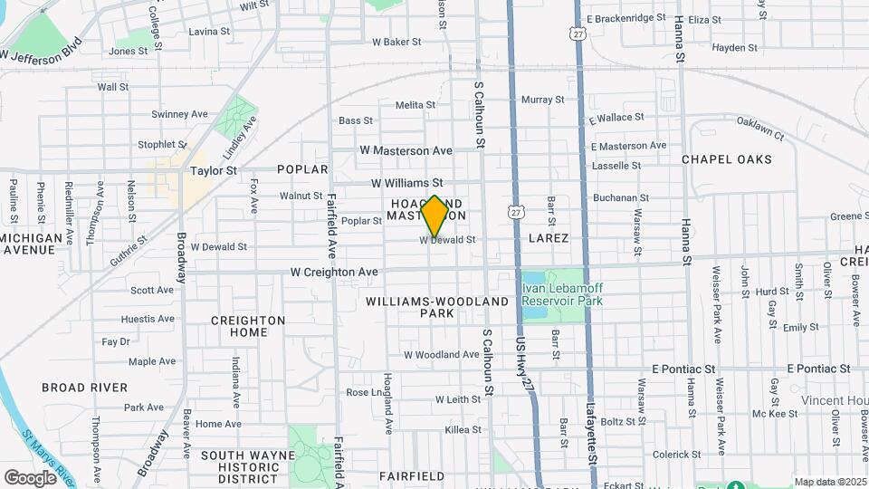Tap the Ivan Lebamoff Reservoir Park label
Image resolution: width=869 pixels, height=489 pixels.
pos(562,293)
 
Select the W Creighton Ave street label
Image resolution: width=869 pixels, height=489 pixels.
pos(334,272)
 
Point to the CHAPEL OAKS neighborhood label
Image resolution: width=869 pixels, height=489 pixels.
pos(727,159)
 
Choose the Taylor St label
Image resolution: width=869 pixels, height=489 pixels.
pos(213,169)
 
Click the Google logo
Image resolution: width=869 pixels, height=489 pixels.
pos(30,477)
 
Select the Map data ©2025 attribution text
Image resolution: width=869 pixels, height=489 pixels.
pos(829,482)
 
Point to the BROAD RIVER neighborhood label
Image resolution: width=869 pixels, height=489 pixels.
pos(84,388)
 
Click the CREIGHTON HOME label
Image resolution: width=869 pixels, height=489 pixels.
pos(248,326)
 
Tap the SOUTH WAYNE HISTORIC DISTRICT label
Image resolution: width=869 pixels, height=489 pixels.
pos(240,466)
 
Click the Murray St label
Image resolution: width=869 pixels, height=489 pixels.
pos(543,100)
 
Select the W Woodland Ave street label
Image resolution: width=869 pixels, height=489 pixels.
pos(442,355)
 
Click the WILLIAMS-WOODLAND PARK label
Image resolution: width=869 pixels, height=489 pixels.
pos(425,306)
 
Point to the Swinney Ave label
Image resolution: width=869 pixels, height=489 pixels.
pos(179,114)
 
